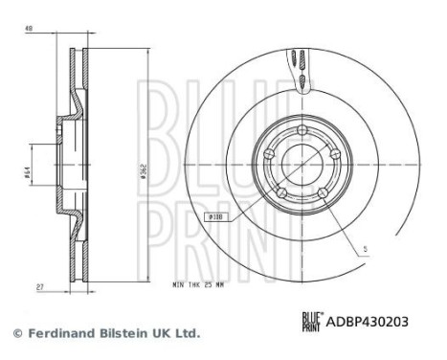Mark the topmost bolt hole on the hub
click(301, 133)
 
